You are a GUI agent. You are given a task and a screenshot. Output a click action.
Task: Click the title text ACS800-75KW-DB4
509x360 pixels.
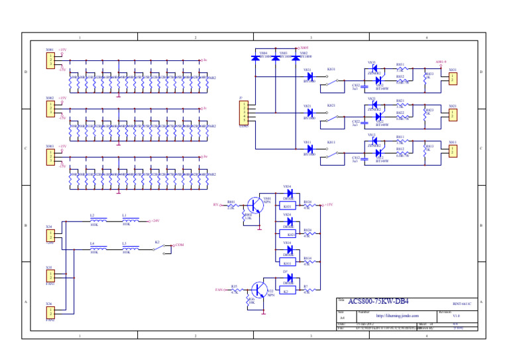pos(377,302)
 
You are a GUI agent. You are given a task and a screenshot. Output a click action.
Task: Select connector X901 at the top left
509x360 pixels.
pos(50,60)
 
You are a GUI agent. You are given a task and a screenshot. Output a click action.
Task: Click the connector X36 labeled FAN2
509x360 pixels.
pos(50,312)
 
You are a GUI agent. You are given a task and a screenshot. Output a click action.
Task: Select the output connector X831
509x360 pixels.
pos(452,78)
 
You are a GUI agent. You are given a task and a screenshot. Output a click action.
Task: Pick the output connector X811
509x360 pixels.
pos(452,151)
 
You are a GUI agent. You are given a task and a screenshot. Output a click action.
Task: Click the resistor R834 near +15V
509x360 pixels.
pos(307,205)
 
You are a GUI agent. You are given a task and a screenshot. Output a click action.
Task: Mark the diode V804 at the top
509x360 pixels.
pos(256,57)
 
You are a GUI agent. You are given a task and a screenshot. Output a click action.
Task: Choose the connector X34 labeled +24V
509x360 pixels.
pos(50,235)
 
